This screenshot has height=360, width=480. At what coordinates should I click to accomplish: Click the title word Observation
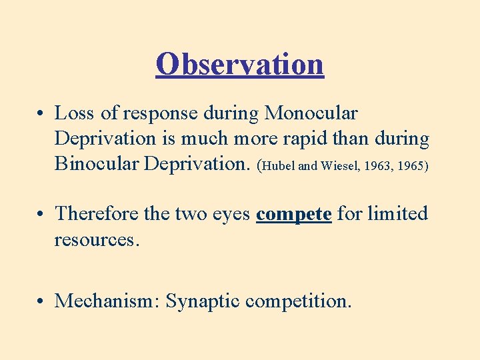(x=240, y=64)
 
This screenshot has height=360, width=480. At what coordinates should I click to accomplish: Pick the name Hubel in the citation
(x=279, y=166)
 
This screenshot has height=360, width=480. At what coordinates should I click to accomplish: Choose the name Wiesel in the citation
(x=340, y=166)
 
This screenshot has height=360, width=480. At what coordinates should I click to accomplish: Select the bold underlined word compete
(x=294, y=215)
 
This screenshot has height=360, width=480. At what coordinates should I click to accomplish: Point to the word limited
(x=397, y=214)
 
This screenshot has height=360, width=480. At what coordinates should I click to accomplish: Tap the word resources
(x=97, y=239)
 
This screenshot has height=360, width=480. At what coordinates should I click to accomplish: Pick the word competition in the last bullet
(x=297, y=302)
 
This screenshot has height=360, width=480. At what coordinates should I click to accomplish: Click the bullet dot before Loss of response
(x=41, y=115)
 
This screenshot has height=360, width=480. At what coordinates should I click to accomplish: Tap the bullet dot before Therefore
(x=41, y=215)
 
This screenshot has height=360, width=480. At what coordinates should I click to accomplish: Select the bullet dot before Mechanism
(x=41, y=303)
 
